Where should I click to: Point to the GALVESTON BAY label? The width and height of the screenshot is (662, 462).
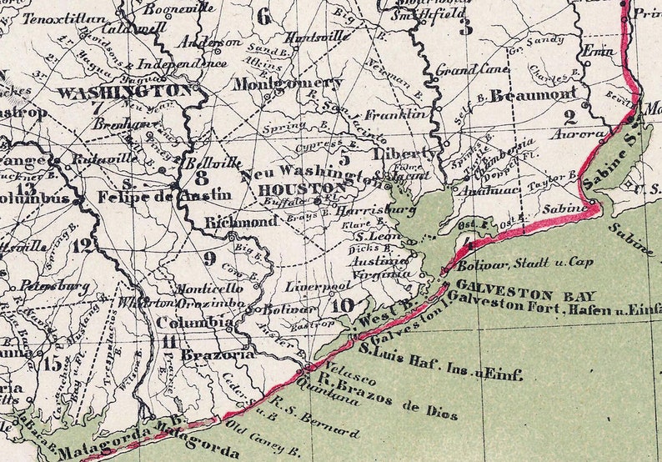504,294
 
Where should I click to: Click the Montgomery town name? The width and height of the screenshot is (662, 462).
287,83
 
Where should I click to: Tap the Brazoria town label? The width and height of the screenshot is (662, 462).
216,354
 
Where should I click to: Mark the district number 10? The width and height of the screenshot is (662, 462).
342,305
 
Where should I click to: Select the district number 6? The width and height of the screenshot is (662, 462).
264,16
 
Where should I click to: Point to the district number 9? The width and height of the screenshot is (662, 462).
209,258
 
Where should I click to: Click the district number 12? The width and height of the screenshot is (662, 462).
82,245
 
